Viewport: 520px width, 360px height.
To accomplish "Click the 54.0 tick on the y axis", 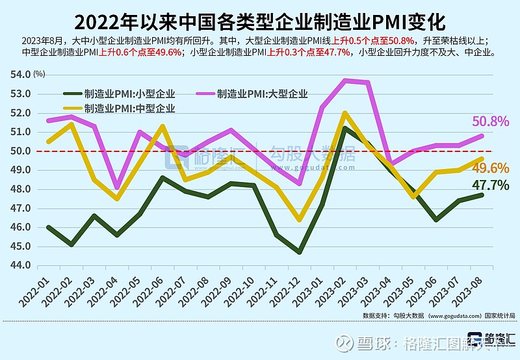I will (19, 74).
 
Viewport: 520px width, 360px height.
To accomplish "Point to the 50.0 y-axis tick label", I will (19, 151).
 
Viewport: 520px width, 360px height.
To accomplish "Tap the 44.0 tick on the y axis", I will (19, 265).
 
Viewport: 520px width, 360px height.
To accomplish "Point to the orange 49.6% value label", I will (489, 168).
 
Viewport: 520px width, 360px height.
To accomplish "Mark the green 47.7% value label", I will (489, 185).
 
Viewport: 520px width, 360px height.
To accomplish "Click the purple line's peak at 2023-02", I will (345, 80).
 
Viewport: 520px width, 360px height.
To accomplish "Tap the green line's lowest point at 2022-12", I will (300, 251).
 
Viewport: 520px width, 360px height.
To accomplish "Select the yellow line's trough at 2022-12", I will (300, 220).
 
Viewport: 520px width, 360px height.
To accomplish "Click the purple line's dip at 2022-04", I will (117, 187).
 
